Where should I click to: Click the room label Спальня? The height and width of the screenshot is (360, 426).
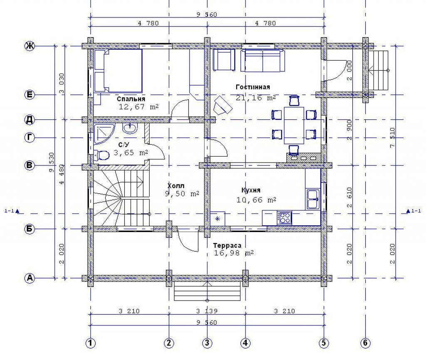(131, 99)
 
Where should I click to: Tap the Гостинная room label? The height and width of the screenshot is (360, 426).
(253, 87)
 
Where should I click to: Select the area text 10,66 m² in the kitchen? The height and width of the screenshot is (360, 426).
(256, 200)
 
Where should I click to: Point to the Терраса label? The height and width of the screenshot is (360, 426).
(227, 245)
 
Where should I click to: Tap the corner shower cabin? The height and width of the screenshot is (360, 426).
(103, 133)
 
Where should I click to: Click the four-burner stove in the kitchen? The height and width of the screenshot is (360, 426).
(284, 218)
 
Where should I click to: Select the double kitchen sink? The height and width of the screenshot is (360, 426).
(313, 199)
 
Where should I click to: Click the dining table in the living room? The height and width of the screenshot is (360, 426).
(294, 126)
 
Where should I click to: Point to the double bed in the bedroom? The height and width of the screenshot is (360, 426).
(118, 71)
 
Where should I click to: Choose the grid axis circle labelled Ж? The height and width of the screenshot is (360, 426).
(30, 46)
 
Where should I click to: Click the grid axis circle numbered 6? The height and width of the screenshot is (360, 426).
(365, 343)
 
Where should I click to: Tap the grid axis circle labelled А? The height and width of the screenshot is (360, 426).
(30, 278)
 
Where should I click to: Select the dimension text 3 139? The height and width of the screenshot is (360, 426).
(207, 311)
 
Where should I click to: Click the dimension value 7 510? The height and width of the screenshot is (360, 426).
(392, 138)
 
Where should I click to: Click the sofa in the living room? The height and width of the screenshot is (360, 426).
(263, 60)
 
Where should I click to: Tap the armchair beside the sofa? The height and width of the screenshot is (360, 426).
(224, 60)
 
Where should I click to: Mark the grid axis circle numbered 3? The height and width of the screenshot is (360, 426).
(207, 343)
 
